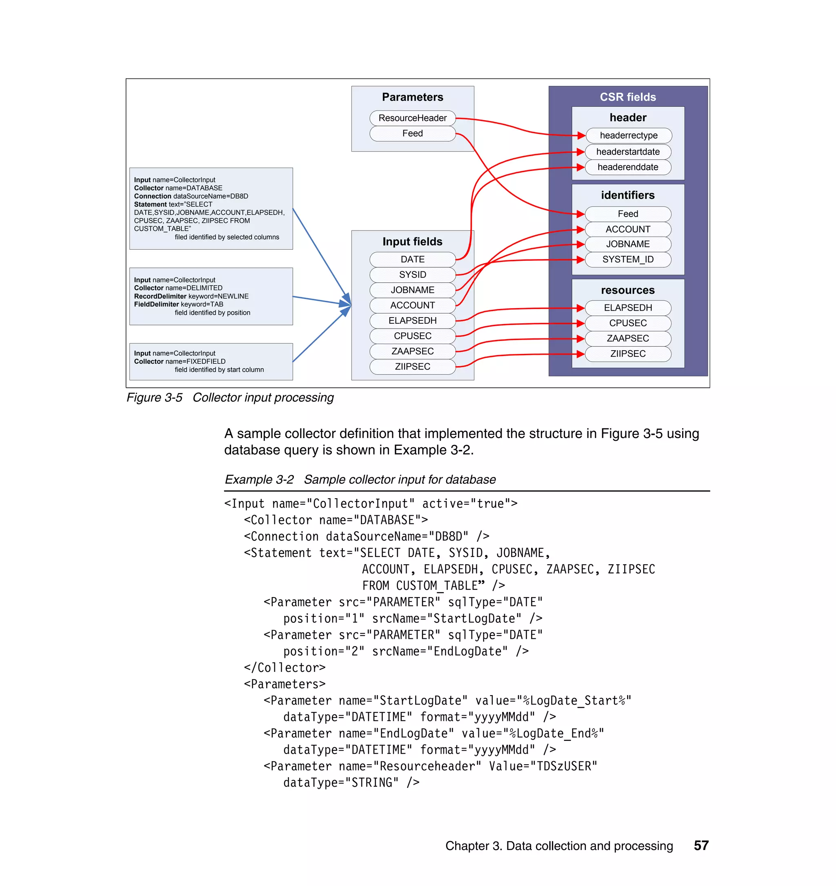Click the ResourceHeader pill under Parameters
tap(412, 118)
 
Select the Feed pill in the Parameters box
tap(412, 133)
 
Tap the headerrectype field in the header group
tap(628, 135)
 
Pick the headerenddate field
tap(627, 167)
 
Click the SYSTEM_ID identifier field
tap(627, 259)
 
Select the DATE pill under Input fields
tap(412, 259)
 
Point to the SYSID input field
tap(412, 274)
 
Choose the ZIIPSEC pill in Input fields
tap(412, 366)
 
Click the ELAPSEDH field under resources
tap(627, 307)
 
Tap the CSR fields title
tap(627, 97)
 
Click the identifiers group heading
tap(627, 195)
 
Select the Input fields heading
tap(412, 242)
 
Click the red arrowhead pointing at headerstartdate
tap(580, 152)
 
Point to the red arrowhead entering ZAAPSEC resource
tap(580, 339)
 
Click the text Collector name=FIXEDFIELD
tap(180, 361)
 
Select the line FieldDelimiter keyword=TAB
tap(178, 304)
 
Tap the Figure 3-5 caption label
tap(154, 398)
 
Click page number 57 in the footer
tap(701, 846)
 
